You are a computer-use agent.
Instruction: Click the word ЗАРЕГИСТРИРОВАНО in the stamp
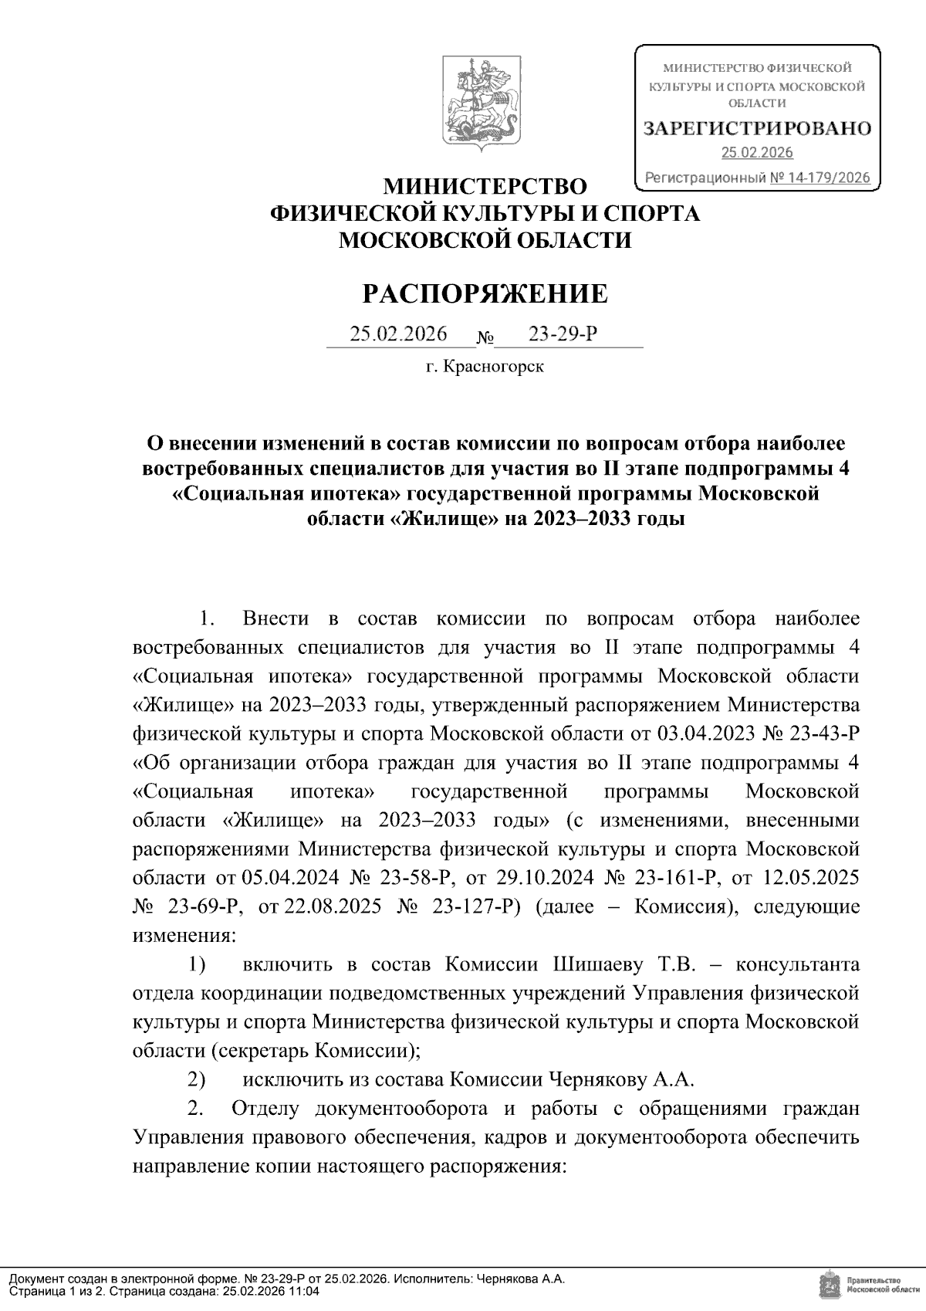tap(757, 128)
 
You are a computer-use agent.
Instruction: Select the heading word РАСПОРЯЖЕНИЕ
tap(485, 294)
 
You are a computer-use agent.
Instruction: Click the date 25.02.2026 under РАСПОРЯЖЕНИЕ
tap(399, 334)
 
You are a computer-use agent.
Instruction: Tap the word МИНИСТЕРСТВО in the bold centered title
tap(485, 187)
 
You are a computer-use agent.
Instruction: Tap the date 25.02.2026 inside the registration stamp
tap(757, 153)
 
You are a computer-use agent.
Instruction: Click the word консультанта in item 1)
tap(797, 965)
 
